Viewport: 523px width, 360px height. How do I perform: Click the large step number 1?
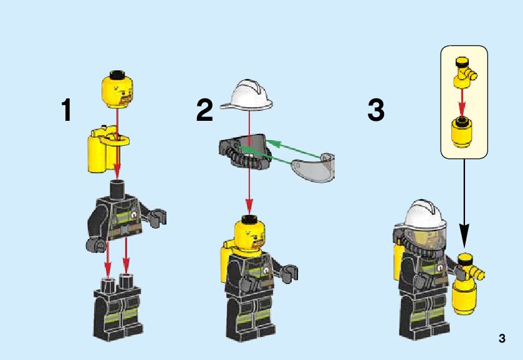coord(66,110)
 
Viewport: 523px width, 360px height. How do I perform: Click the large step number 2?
coord(204,110)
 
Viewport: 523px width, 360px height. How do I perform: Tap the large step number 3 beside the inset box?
coord(376,110)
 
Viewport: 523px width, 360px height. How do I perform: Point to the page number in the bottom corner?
coord(502,338)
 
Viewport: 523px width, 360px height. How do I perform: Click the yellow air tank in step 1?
coord(107,149)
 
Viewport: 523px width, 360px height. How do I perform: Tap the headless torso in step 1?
coord(125,217)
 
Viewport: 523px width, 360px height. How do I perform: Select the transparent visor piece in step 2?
coord(314,168)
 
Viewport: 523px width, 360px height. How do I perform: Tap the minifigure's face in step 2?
coord(250,235)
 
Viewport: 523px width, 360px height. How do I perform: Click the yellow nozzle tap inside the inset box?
coord(464,73)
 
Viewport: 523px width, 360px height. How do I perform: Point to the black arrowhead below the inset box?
coord(464,240)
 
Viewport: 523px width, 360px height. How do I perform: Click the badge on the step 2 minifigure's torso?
coord(266,271)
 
